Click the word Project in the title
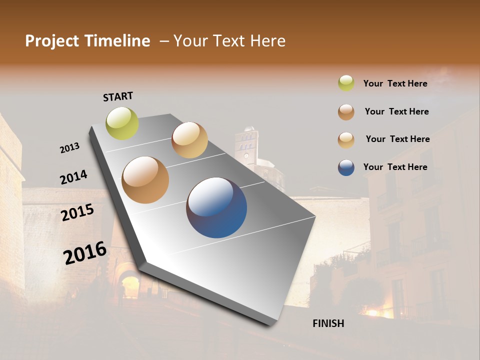[x=52, y=41]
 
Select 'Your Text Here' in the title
[x=229, y=41]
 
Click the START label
[x=118, y=96]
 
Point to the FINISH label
[x=328, y=323]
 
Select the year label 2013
[x=69, y=148]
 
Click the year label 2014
[x=73, y=177]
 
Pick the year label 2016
[x=85, y=253]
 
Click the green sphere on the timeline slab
[x=122, y=123]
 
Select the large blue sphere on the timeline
[x=216, y=207]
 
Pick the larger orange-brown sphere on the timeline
[x=145, y=180]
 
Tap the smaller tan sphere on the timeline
[x=189, y=140]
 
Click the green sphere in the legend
[x=346, y=83]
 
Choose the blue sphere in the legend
[x=346, y=167]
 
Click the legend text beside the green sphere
[x=395, y=83]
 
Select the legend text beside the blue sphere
[x=395, y=167]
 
